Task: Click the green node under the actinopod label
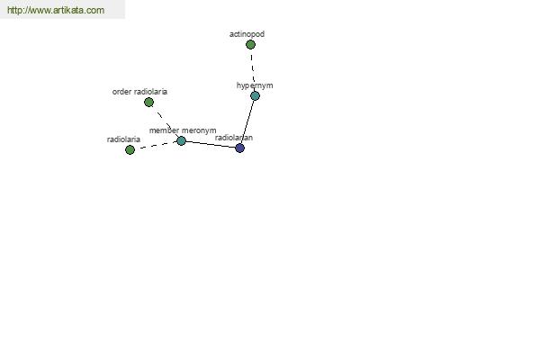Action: coord(250,44)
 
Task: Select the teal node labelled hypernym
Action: coord(255,95)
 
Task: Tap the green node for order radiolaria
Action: coord(148,102)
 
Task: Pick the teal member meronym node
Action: coord(181,140)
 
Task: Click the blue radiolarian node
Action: coord(239,148)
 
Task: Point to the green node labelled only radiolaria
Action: coord(130,150)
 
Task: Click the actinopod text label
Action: coord(247,34)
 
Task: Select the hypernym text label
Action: coord(255,85)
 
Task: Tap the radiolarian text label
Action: coord(234,138)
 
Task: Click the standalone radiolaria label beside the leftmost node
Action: coord(123,139)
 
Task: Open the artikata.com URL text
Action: coord(56,10)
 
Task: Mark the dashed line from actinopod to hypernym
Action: coord(252,70)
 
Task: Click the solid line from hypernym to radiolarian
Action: coord(247,122)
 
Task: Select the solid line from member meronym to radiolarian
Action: coord(211,144)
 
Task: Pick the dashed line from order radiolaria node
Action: coord(165,121)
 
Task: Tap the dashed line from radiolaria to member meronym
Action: coord(156,146)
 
